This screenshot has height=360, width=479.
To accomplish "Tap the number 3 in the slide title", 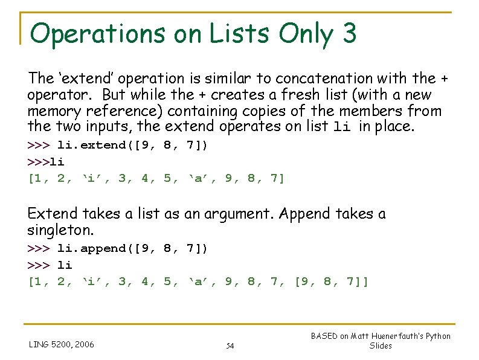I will click(x=349, y=34).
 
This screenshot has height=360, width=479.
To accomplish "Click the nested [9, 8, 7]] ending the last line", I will click(x=331, y=281).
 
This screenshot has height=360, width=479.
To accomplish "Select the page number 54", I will click(x=230, y=346).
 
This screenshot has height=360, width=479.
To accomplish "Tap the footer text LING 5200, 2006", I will click(x=61, y=345).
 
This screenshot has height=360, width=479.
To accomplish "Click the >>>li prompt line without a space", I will click(x=46, y=162).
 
